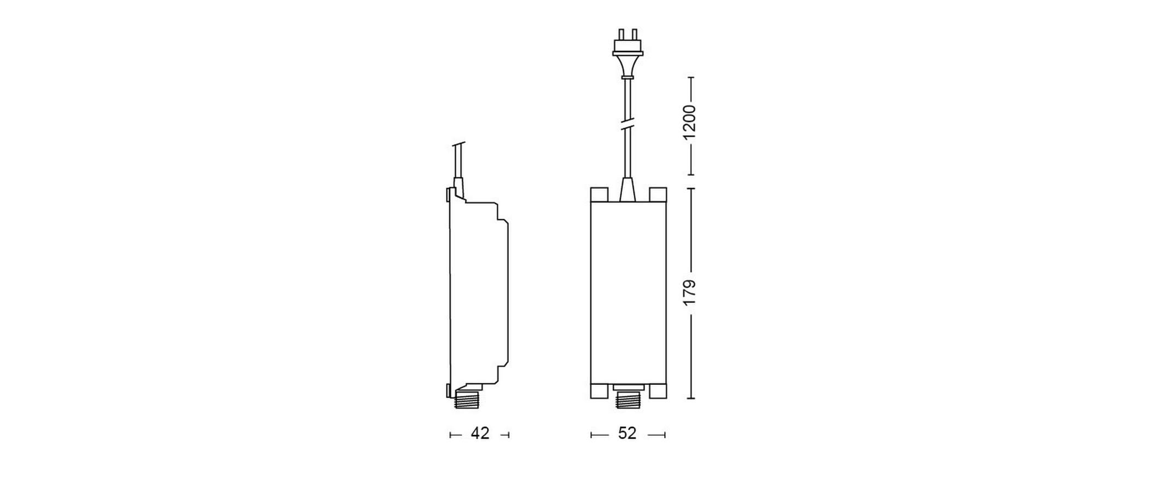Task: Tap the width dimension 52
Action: point(627,434)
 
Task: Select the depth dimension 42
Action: point(480,434)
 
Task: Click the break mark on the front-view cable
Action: point(628,127)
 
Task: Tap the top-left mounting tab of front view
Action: point(599,194)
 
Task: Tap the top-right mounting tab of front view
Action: point(658,194)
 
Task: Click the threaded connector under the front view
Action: point(628,401)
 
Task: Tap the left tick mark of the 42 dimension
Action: point(450,435)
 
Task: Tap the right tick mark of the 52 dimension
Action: point(665,435)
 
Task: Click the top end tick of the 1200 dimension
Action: point(690,78)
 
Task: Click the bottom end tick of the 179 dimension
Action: point(690,398)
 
